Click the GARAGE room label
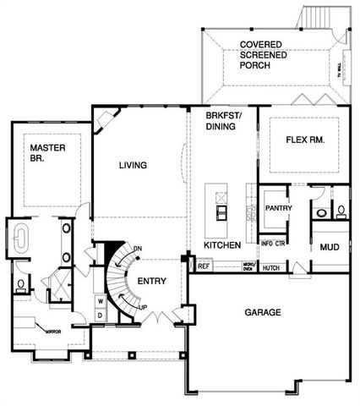(262, 312)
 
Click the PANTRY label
(278, 206)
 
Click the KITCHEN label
(222, 244)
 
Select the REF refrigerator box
(204, 266)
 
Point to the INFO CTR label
(272, 244)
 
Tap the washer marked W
(99, 300)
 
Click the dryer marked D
(99, 315)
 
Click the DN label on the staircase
(139, 249)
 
